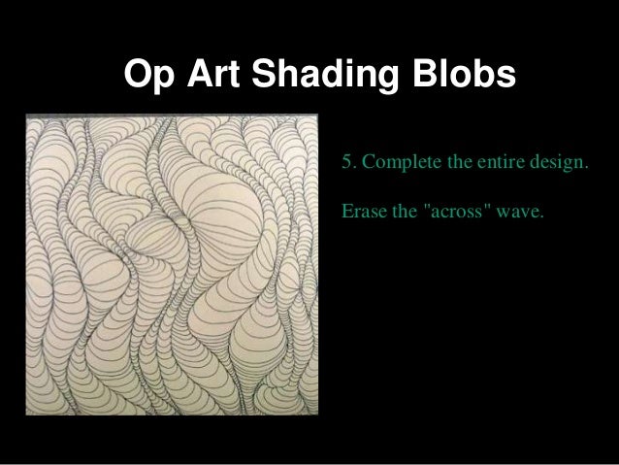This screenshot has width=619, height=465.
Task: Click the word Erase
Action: (361, 212)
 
